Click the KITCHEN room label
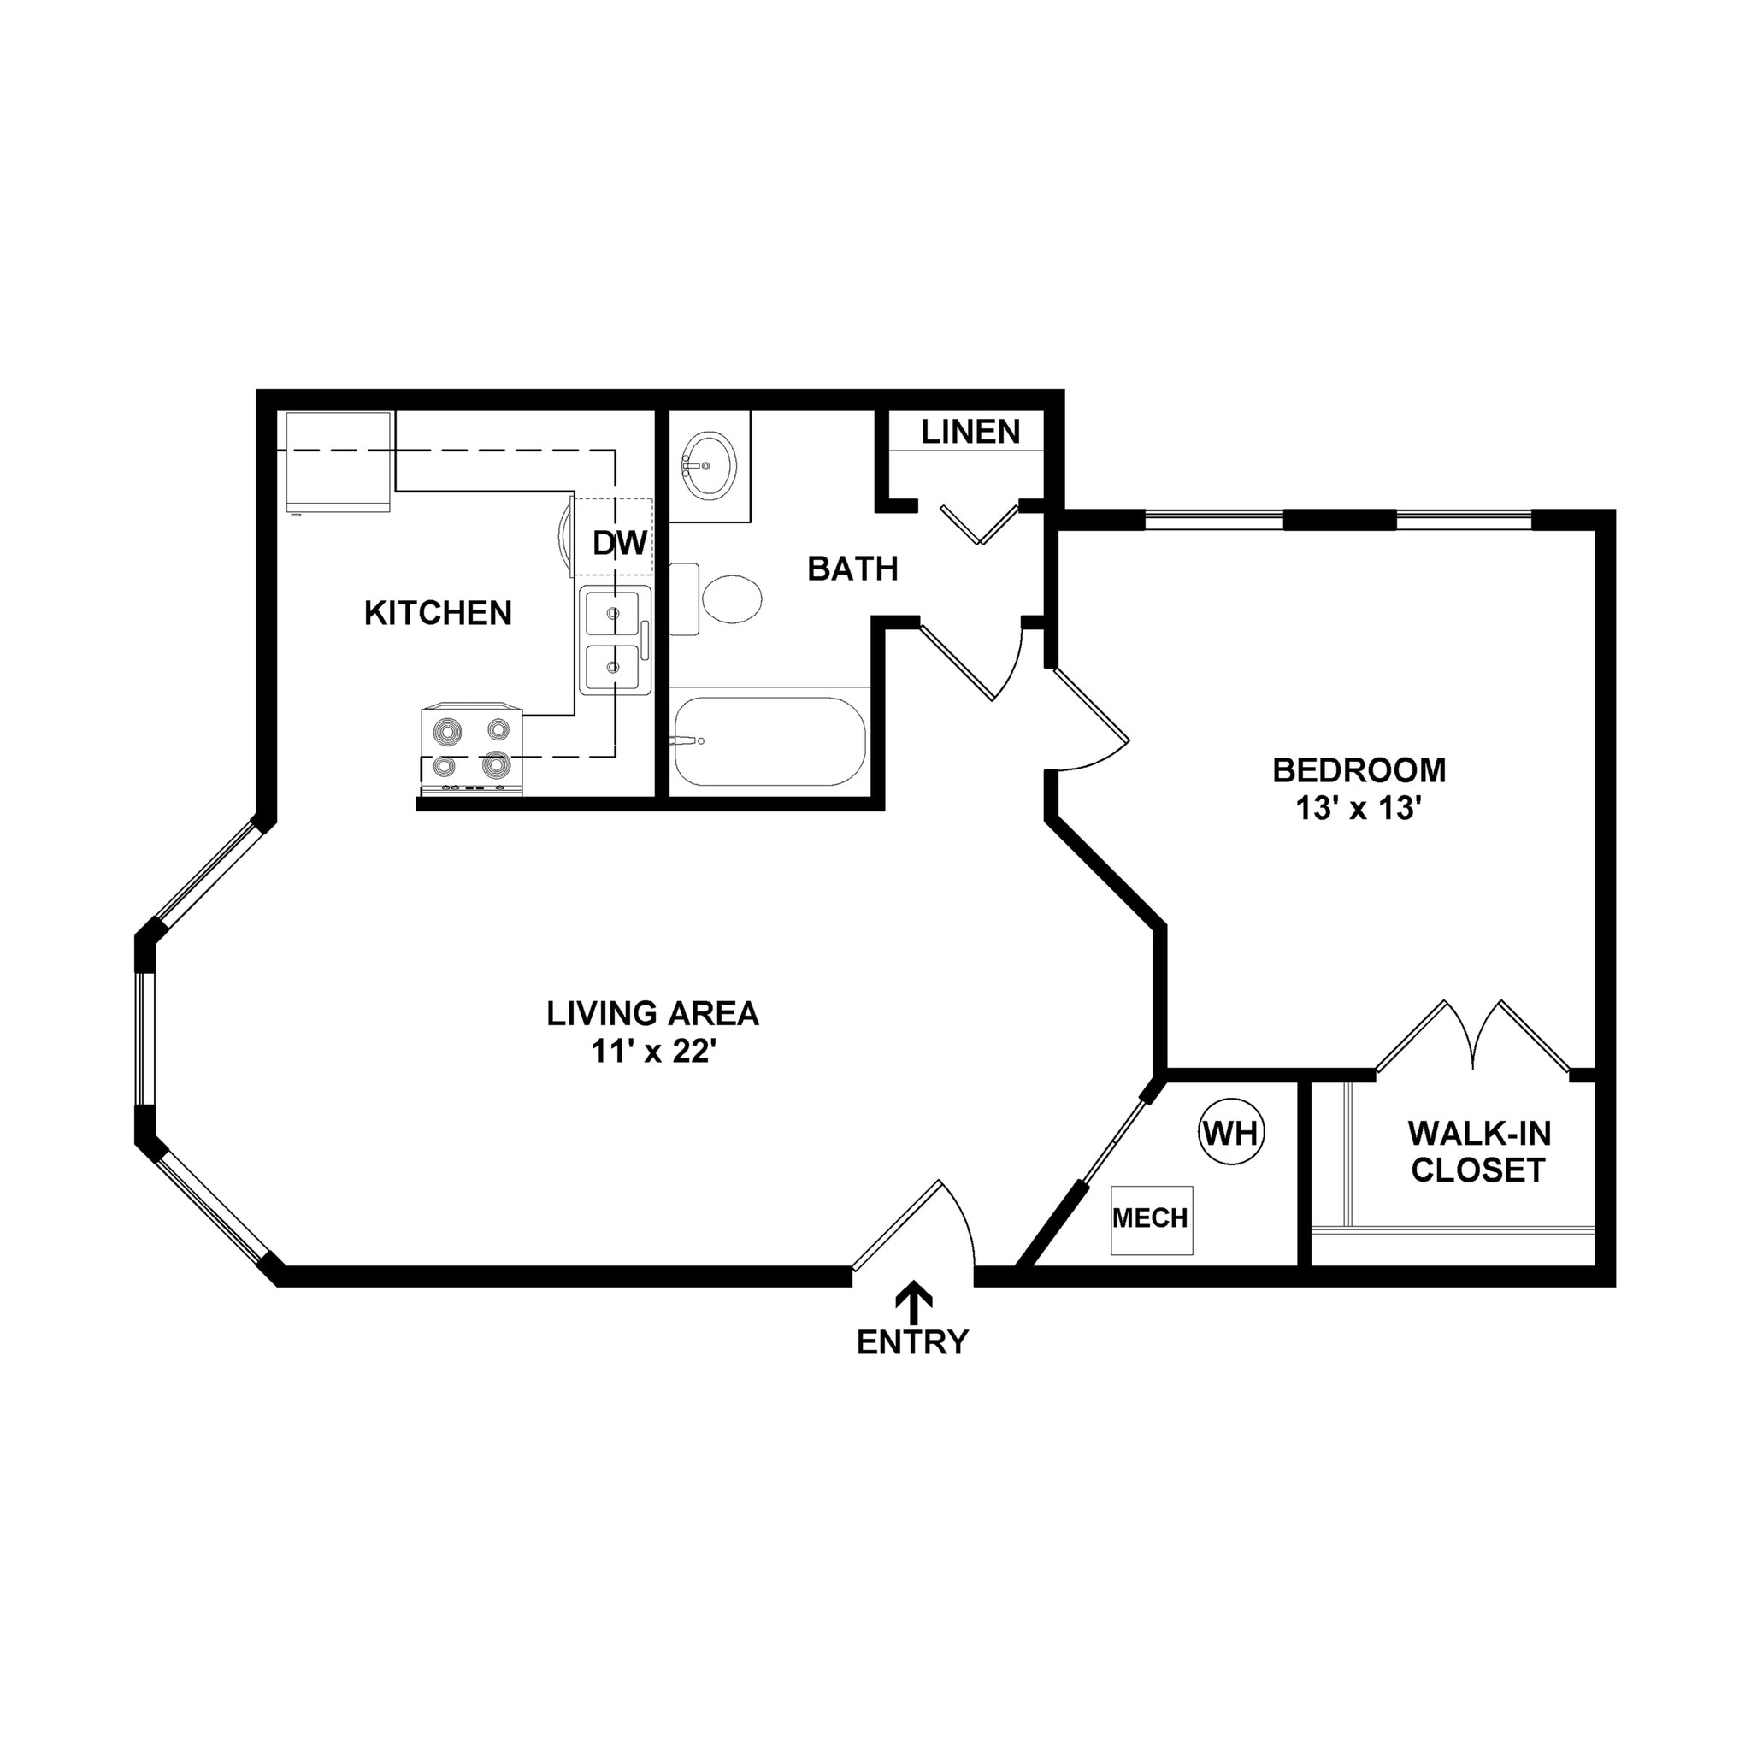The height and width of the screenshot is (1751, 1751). point(438,614)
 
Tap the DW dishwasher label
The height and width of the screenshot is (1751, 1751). point(620,543)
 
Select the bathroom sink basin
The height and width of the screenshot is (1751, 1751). point(709,465)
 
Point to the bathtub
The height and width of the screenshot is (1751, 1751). point(769,741)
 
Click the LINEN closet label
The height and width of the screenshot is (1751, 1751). point(970,433)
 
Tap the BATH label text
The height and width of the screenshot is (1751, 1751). point(852,569)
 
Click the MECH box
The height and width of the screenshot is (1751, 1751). point(1151,1219)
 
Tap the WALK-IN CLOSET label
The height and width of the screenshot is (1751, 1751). point(1478,1152)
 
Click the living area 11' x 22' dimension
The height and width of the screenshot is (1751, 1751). point(652,1052)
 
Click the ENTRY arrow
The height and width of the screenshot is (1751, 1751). point(914,1304)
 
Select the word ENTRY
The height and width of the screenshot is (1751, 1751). point(912,1342)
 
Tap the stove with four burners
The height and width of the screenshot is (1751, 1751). point(471,751)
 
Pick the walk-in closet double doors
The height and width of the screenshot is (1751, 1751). point(1472,1038)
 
